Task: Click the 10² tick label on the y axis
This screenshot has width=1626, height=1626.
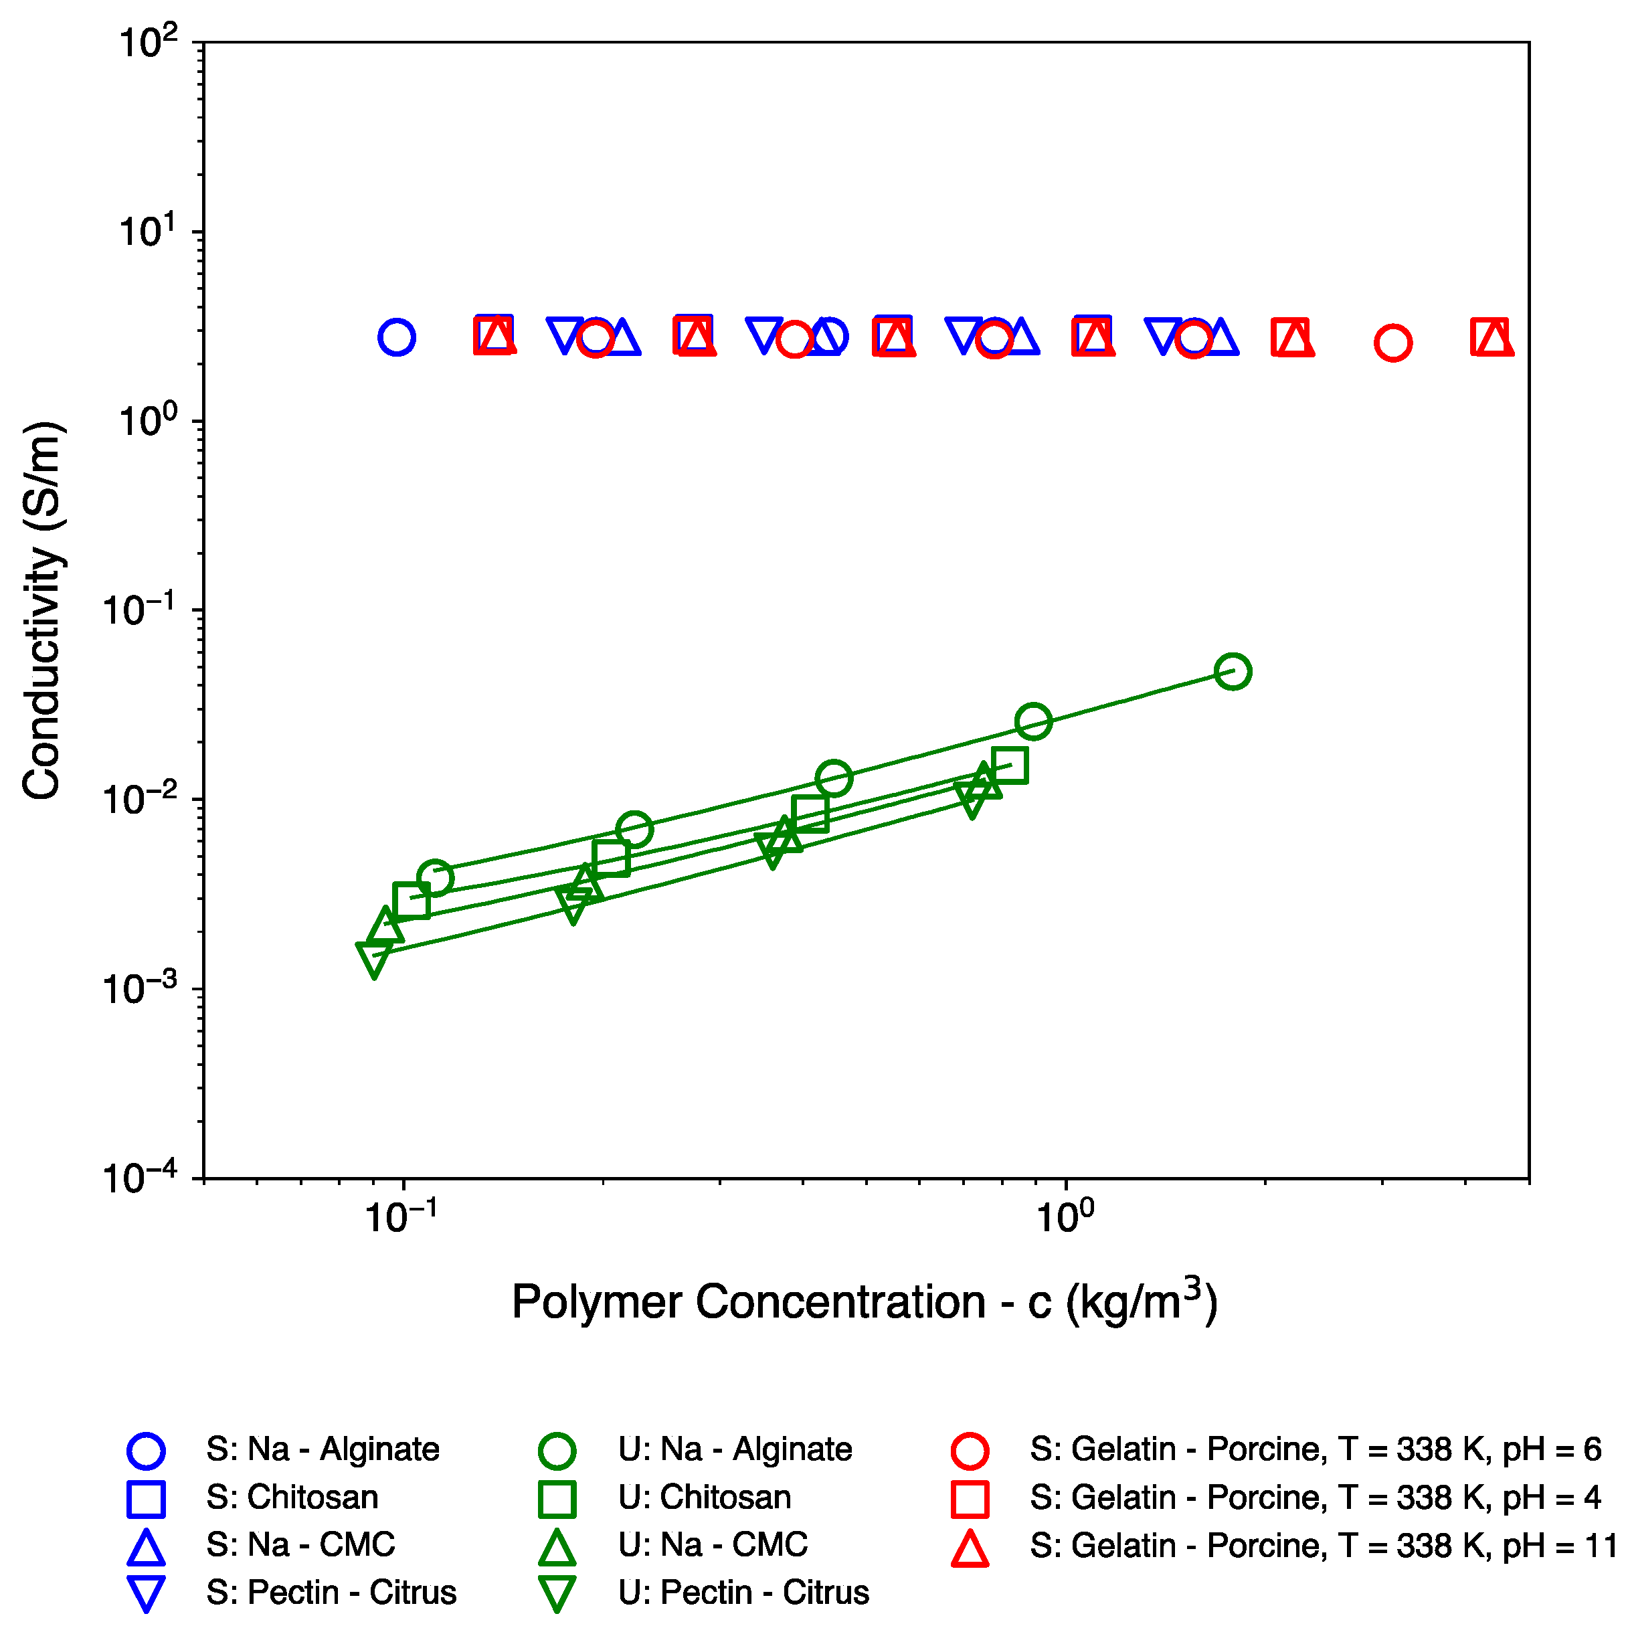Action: pos(148,42)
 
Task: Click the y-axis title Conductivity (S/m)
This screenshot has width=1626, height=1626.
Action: pos(42,610)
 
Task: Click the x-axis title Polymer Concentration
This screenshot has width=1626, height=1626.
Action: pos(865,1302)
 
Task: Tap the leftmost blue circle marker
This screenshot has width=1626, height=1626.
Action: pos(396,337)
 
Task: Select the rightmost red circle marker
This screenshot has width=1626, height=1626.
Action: pos(1393,343)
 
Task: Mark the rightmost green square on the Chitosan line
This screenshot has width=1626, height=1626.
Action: pos(1010,765)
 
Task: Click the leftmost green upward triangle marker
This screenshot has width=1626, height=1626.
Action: pos(385,926)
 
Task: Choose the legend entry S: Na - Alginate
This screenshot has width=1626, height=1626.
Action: pos(323,1449)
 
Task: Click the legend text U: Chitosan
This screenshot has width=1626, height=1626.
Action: pos(705,1498)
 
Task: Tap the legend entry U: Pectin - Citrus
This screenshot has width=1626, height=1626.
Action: pos(743,1593)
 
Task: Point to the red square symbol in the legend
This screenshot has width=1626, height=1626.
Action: pos(970,1499)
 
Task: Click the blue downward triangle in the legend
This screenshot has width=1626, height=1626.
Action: pos(146,1594)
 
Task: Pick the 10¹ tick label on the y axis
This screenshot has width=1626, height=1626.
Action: pos(148,232)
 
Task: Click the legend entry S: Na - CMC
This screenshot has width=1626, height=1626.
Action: pos(300,1544)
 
